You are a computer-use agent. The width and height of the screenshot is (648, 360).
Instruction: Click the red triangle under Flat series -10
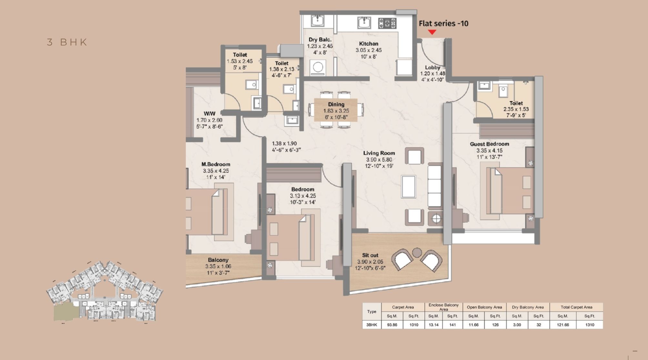pyautogui.click(x=432, y=32)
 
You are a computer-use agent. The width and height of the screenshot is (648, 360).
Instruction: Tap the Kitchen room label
pyautogui.click(x=369, y=44)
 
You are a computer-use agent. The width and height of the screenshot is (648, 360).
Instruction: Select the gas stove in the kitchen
pyautogui.click(x=387, y=23)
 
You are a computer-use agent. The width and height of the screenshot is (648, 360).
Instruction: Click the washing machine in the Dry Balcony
pyautogui.click(x=318, y=67)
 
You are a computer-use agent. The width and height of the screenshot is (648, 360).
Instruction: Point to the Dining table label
pyautogui.click(x=336, y=104)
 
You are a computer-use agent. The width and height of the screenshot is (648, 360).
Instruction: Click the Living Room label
pyautogui.click(x=379, y=153)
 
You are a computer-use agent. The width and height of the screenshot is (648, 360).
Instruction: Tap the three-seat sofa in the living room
pyautogui.click(x=434, y=186)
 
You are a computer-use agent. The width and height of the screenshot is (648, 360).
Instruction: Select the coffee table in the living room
pyautogui.click(x=409, y=186)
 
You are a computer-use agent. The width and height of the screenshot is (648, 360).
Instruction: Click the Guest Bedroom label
pyautogui.click(x=489, y=144)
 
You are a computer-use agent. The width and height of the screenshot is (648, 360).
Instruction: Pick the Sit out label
pyautogui.click(x=370, y=255)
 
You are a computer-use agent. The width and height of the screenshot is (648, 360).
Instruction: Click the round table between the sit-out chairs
pyautogui.click(x=417, y=252)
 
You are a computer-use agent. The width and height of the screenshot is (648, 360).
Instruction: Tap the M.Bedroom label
pyautogui.click(x=216, y=164)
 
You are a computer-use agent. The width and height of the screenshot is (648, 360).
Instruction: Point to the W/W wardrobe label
pyautogui.click(x=209, y=114)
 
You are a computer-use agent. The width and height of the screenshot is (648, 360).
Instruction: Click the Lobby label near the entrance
pyautogui.click(x=432, y=67)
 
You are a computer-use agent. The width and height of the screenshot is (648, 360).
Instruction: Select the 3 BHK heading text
pyautogui.click(x=67, y=42)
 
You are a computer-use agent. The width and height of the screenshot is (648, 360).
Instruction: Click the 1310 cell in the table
pyautogui.click(x=590, y=325)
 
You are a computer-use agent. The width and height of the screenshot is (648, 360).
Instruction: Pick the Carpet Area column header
pyautogui.click(x=403, y=307)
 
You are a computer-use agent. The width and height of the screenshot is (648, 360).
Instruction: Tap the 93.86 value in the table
pyautogui.click(x=392, y=325)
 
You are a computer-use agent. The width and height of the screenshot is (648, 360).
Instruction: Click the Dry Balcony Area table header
pyautogui.click(x=528, y=307)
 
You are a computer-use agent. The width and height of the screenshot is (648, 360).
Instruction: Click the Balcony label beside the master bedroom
pyautogui.click(x=218, y=260)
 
